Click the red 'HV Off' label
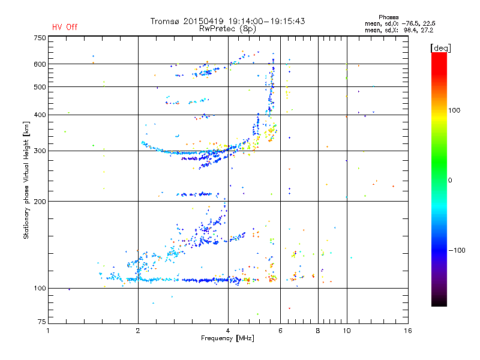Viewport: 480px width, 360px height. (x=65, y=27)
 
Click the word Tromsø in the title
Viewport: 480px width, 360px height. (x=166, y=21)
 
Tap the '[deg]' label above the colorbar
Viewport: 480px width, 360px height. (x=440, y=47)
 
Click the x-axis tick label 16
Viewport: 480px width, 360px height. (x=407, y=331)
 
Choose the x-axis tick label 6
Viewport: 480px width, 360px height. (x=281, y=331)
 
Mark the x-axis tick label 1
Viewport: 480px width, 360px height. (x=48, y=331)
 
